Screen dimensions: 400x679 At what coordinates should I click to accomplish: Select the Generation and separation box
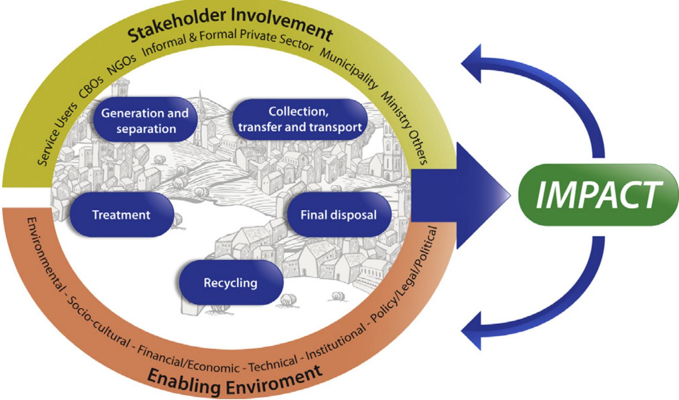point(145,120)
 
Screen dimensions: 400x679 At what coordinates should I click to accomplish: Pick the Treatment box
point(121,215)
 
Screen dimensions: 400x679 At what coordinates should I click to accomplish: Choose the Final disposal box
point(338,215)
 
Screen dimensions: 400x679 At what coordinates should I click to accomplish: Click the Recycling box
point(230,282)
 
